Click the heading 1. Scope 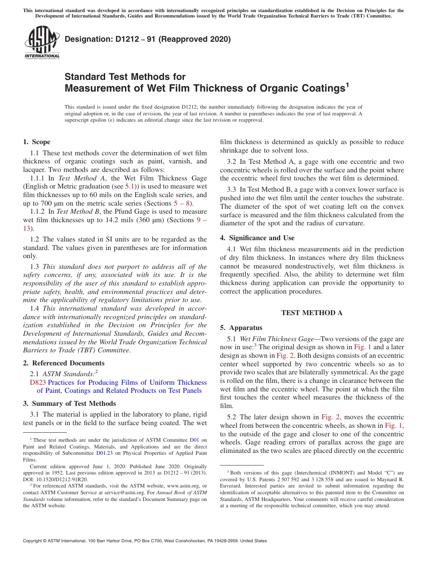36,142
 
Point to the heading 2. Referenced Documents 63,363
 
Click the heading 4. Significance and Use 257,237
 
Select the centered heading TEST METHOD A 311,313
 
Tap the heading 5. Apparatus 241,328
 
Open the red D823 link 38,382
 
